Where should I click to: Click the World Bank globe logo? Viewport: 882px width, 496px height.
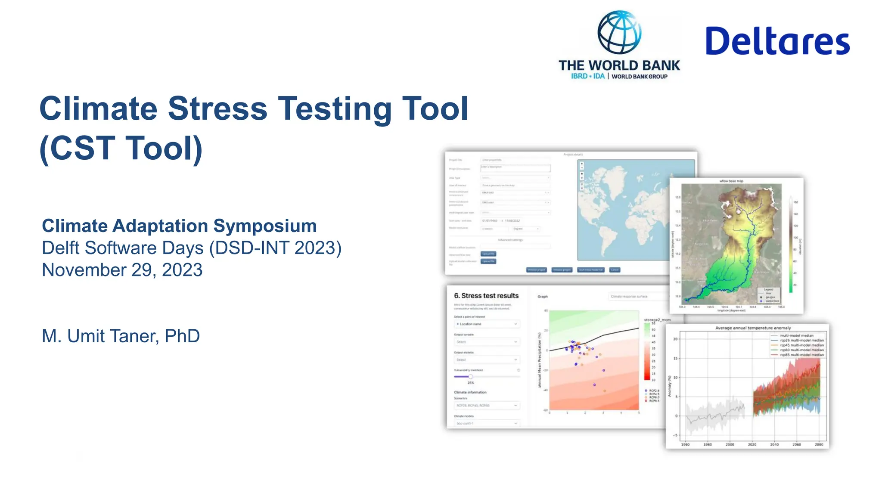click(619, 32)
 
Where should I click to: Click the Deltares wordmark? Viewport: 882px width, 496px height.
click(777, 41)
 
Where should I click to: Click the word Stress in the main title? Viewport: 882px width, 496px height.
click(217, 108)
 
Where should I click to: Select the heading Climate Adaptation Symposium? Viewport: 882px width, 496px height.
click(179, 226)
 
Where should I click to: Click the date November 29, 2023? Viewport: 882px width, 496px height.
click(122, 270)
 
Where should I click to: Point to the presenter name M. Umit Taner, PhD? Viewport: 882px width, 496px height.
click(121, 336)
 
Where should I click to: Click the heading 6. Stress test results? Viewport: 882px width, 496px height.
click(486, 296)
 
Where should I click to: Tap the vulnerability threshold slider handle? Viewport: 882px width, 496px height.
click(470, 377)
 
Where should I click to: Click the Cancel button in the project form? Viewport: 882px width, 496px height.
click(615, 270)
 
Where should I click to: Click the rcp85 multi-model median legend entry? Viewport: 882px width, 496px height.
click(801, 355)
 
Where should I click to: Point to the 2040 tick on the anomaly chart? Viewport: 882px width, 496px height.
click(774, 444)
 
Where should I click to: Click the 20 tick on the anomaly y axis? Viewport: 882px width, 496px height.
click(676, 339)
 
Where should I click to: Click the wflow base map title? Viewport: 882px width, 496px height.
click(731, 181)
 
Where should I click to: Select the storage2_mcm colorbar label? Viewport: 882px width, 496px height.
click(657, 320)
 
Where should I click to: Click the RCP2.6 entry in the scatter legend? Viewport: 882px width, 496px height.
click(654, 391)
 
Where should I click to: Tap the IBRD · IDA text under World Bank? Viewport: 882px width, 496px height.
click(587, 76)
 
